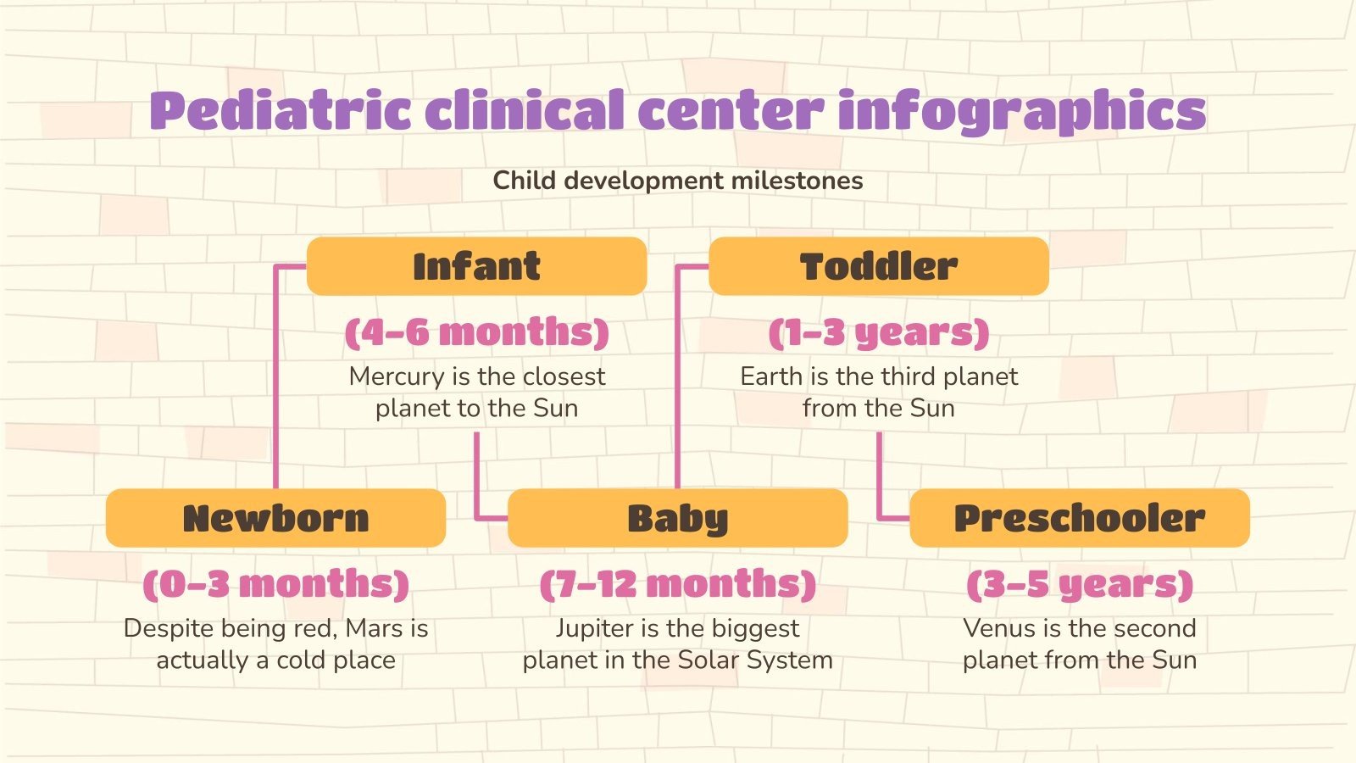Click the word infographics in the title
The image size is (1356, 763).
point(1021,111)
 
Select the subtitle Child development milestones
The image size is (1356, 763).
point(678,181)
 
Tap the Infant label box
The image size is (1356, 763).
point(476,266)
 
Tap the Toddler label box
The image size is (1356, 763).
point(878,266)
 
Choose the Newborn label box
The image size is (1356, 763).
point(275,518)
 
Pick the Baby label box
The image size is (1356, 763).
point(677,518)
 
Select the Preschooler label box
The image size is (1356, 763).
point(1079,518)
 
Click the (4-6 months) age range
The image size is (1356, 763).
point(476,331)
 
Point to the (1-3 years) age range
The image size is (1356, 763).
point(878,331)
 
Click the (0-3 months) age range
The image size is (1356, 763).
point(275,583)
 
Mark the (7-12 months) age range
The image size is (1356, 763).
point(677,583)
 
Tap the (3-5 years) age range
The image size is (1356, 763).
point(1079,583)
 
